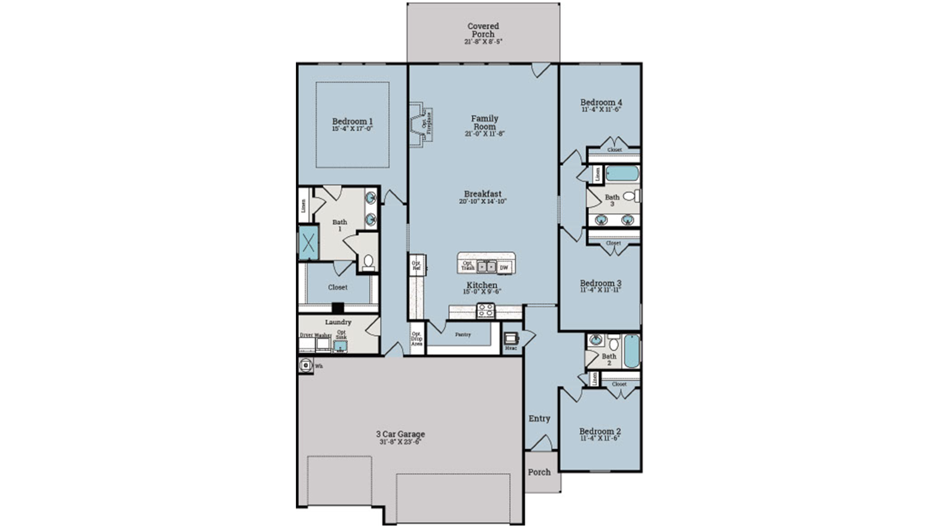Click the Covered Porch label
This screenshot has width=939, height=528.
[483, 30]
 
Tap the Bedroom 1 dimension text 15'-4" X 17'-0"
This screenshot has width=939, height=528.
[352, 129]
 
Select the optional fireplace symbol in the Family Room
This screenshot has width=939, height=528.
[421, 123]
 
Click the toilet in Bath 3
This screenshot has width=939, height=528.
[631, 196]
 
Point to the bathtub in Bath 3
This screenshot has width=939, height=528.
[622, 174]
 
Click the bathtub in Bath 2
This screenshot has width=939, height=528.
[632, 351]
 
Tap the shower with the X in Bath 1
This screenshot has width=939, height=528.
[309, 242]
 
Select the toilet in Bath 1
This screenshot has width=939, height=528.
[368, 262]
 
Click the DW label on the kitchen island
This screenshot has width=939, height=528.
[504, 267]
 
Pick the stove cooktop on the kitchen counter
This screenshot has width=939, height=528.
[486, 310]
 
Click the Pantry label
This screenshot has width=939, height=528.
[463, 335]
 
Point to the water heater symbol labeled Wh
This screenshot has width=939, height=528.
[306, 365]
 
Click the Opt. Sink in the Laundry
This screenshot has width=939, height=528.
[340, 345]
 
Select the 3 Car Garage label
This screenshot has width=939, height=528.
[400, 434]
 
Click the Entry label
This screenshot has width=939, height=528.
[539, 418]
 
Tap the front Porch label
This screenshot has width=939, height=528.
[539, 472]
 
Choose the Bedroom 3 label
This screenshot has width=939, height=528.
[601, 283]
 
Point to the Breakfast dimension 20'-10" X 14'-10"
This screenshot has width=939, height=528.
[483, 201]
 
